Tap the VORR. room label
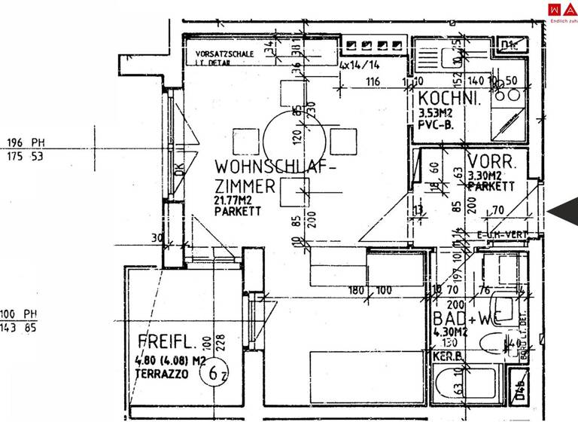491,161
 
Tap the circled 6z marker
218,372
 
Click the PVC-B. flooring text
435,126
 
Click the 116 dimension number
372,81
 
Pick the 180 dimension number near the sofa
356,290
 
